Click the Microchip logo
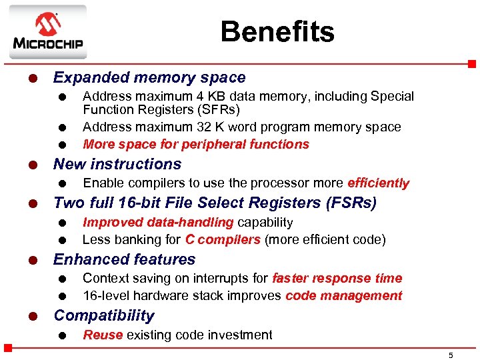click(x=47, y=33)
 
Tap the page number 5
click(x=451, y=355)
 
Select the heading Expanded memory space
click(x=149, y=78)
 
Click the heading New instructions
click(x=117, y=164)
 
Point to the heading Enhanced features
click(x=124, y=259)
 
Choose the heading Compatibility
click(x=103, y=315)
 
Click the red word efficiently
click(x=378, y=183)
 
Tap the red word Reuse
click(x=102, y=335)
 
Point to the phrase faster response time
click(x=337, y=279)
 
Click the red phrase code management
click(x=343, y=296)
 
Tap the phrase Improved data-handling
click(x=157, y=222)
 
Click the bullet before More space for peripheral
click(x=61, y=145)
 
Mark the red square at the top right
click(x=471, y=64)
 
